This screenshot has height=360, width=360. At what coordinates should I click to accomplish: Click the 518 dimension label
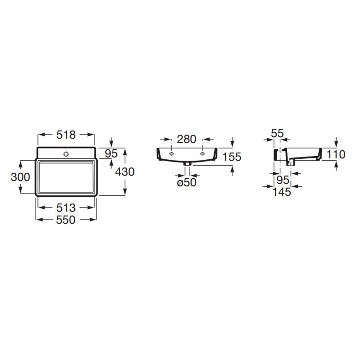[x=66, y=135]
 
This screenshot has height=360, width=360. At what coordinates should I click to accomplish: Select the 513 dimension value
[x=66, y=208]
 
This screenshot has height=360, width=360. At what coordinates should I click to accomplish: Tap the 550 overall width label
[x=66, y=220]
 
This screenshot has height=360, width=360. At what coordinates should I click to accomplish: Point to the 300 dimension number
[x=20, y=177]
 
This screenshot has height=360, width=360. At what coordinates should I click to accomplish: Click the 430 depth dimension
[x=125, y=172]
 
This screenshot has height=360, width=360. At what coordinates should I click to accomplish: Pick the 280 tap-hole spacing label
[x=186, y=139]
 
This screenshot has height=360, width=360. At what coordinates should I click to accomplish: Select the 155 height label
[x=232, y=157]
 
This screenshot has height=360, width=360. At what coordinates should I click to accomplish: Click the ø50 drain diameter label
[x=187, y=182]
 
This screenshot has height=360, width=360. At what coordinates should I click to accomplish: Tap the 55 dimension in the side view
[x=277, y=133]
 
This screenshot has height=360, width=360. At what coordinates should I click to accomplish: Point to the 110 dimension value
[x=336, y=154]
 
